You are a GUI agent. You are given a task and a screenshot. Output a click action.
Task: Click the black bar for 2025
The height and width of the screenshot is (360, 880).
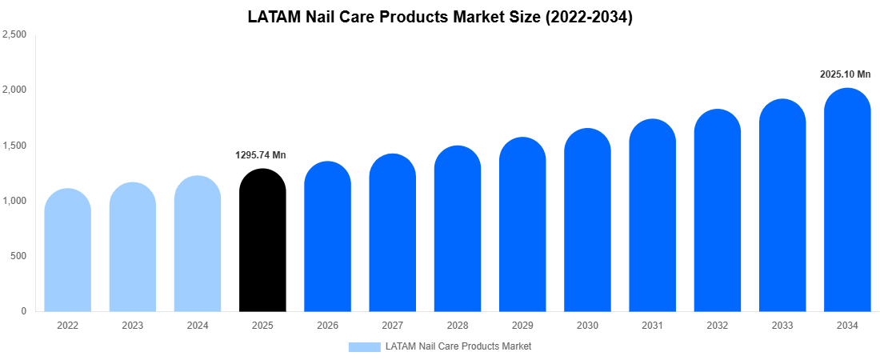click(x=262, y=240)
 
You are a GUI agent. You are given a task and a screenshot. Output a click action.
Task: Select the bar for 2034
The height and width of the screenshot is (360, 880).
click(x=847, y=200)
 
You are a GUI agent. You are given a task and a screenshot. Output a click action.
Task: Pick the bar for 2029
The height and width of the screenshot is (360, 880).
click(x=522, y=225)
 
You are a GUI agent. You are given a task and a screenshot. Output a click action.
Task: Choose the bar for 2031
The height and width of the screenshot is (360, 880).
click(x=652, y=215)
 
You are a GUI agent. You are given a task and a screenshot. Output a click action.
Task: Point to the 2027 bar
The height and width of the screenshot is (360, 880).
click(x=392, y=233)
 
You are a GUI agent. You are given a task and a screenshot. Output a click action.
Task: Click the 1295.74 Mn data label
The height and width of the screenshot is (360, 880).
click(x=260, y=155)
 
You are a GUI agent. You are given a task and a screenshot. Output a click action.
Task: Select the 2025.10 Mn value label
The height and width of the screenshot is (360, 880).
click(x=845, y=74)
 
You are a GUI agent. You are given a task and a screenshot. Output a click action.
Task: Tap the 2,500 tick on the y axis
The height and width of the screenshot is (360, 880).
click(x=15, y=34)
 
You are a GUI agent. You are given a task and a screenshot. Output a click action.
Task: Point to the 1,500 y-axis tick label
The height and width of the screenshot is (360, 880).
click(x=15, y=146)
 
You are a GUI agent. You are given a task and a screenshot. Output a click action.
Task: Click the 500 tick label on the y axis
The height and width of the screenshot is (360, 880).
click(x=18, y=256)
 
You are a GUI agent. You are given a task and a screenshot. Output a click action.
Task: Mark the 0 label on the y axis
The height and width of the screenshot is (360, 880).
click(x=23, y=311)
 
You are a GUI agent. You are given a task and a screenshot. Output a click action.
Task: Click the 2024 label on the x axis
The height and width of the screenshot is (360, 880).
click(x=198, y=326)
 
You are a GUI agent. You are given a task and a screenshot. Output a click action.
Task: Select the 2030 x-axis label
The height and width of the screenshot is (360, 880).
click(x=587, y=326)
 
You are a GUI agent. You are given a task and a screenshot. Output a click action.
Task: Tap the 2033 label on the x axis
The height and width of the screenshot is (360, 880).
click(x=782, y=326)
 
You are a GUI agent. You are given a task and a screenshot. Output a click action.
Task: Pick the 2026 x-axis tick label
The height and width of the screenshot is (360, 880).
click(x=327, y=326)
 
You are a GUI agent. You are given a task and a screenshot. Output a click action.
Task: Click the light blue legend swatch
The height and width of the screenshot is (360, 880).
click(x=364, y=346)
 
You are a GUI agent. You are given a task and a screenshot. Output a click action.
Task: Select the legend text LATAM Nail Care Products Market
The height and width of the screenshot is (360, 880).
click(x=458, y=346)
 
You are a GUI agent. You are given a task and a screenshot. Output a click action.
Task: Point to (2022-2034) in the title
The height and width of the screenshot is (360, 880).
click(x=589, y=17)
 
